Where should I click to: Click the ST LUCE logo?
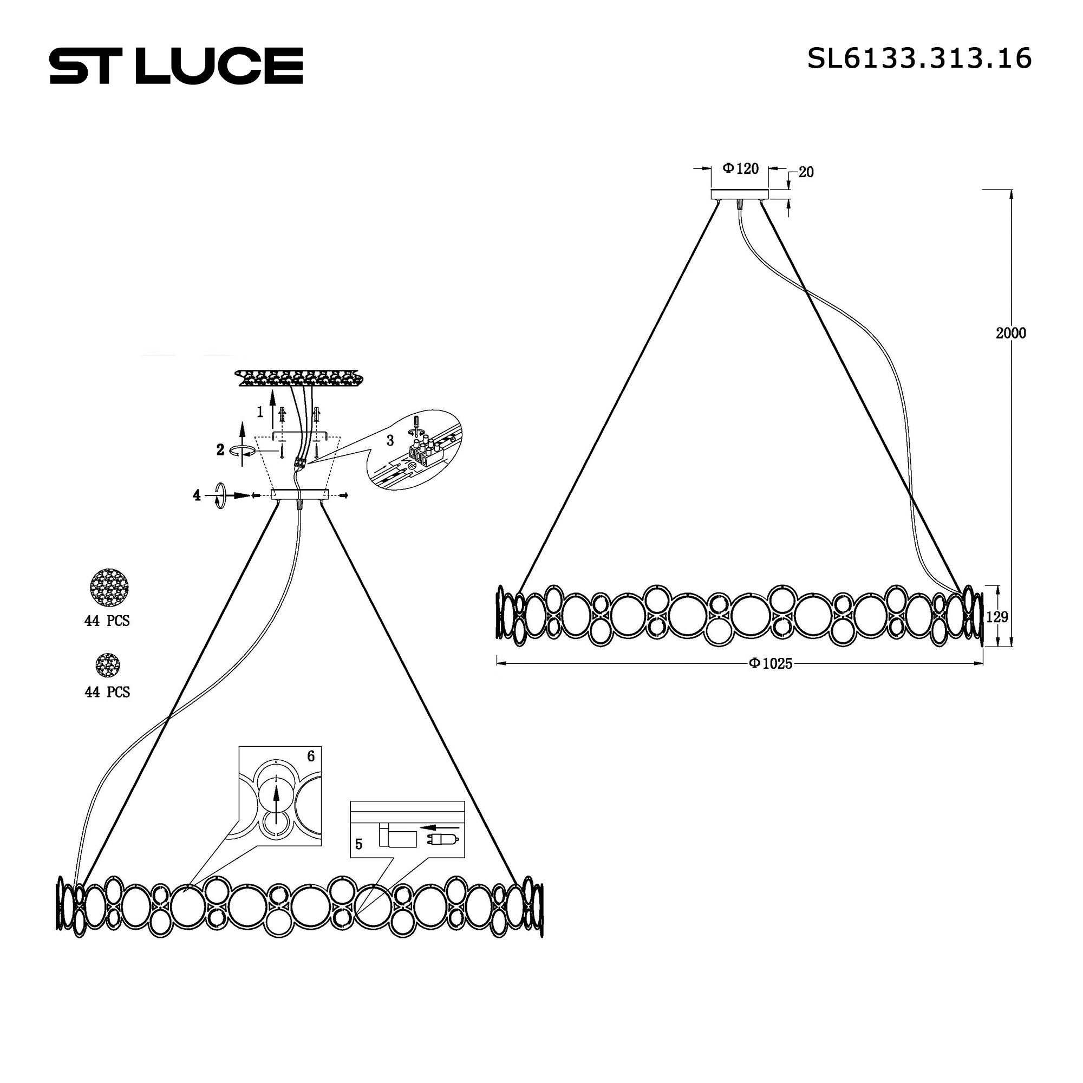[176, 66]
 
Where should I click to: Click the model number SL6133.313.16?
[919, 58]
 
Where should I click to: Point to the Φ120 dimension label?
[740, 168]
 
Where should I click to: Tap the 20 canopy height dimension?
[806, 173]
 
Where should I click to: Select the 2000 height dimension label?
[1010, 333]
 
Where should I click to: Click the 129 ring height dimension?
[997, 617]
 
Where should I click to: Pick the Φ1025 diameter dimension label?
[771, 664]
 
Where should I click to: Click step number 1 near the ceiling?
[260, 413]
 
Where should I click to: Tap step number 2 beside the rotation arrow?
[220, 449]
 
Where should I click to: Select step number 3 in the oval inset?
[390, 440]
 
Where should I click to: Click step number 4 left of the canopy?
[197, 495]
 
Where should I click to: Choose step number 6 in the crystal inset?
[311, 756]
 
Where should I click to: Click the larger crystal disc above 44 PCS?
[109, 588]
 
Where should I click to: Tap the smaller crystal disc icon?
[107, 665]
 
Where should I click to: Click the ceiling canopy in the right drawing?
[740, 194]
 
